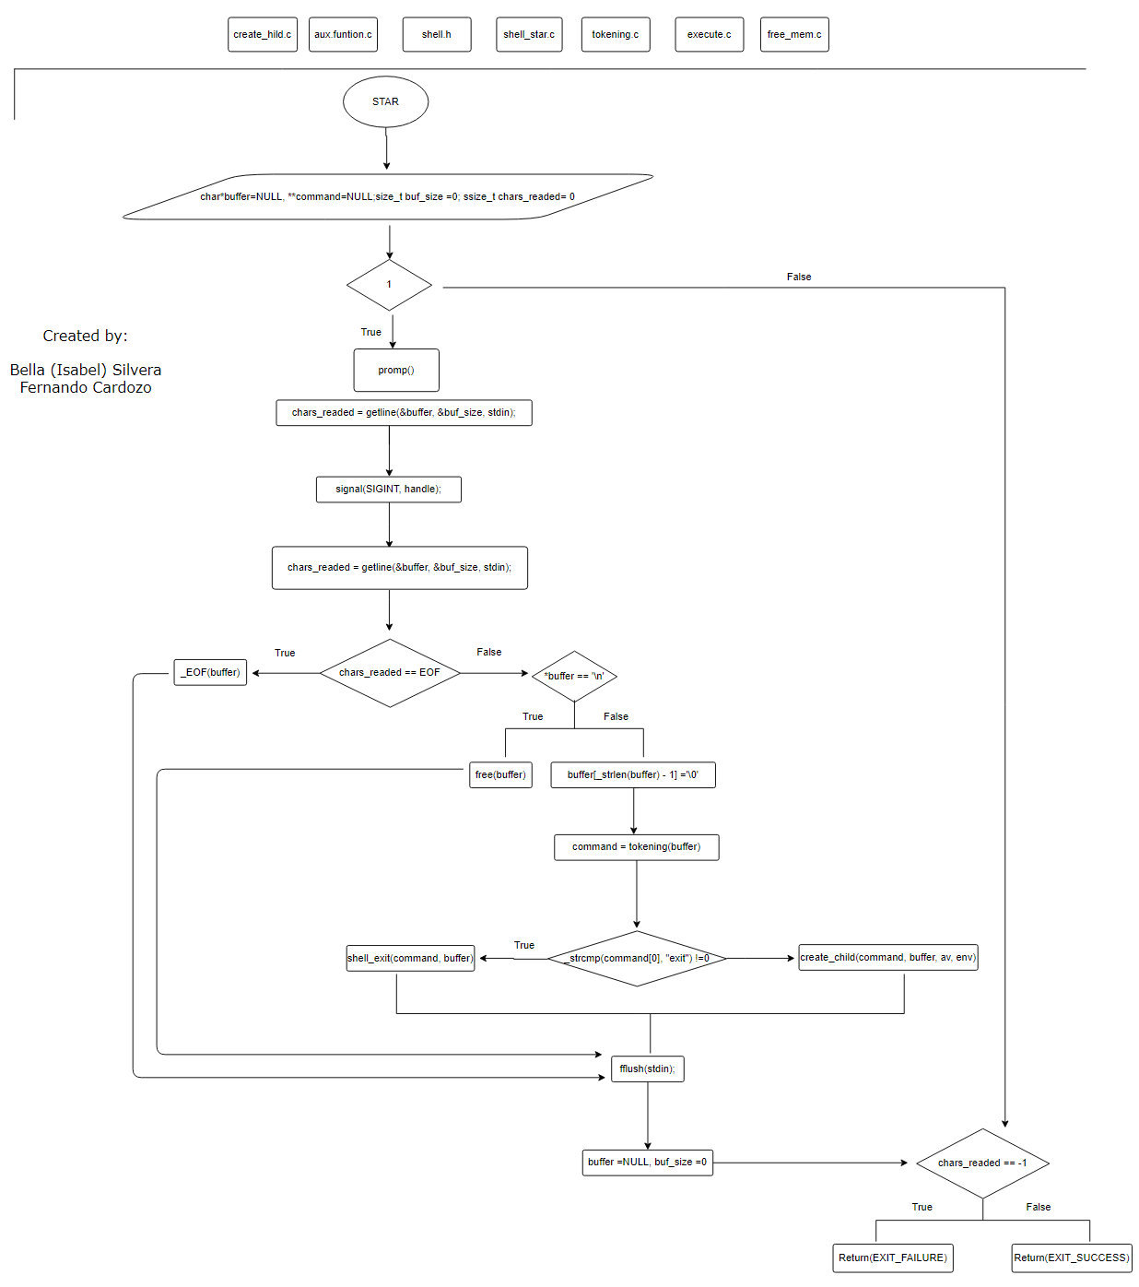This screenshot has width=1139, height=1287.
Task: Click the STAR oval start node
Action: coord(385,101)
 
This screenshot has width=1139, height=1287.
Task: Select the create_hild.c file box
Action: coord(263,34)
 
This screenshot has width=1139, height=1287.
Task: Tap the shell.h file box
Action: coord(437,34)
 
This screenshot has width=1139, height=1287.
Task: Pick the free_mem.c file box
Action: coord(794,34)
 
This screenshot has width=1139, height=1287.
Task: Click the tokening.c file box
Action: coord(616,34)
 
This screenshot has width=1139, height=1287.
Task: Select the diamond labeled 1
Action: coord(389,285)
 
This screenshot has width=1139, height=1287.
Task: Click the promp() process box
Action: coord(396,370)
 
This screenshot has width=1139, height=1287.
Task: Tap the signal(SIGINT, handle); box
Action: coord(388,489)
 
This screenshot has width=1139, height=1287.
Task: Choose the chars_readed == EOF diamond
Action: coord(390,673)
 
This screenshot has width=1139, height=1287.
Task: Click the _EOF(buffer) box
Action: coord(210,672)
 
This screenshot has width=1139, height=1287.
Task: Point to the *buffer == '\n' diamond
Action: coord(574,676)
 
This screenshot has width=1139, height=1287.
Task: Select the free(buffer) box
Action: coord(500,774)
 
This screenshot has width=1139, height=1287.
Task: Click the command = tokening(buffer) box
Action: coord(636,846)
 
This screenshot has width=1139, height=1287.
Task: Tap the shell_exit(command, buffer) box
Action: coord(410,958)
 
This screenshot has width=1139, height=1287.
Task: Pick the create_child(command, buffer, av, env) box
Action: coord(887,957)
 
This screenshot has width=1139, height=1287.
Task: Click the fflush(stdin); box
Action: coord(647,1069)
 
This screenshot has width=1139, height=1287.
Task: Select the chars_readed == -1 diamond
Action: coord(982,1163)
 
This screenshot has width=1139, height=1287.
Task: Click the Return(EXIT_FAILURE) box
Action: coord(892,1257)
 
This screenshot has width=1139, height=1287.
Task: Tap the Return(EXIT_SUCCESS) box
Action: coord(1072,1257)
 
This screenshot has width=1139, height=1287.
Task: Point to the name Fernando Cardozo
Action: coord(86,388)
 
